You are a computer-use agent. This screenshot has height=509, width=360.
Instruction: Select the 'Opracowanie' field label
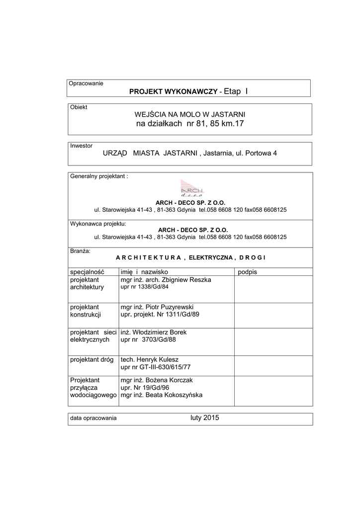coord(86,84)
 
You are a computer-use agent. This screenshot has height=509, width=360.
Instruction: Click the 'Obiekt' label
coord(79,107)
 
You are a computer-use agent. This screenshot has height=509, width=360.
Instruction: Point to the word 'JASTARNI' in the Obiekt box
coord(226,114)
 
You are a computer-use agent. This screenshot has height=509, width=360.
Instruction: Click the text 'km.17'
coord(233,123)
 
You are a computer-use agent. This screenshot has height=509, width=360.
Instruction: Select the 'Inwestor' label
coord(82,146)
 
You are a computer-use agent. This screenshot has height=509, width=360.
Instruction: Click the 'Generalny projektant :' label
coord(99,176)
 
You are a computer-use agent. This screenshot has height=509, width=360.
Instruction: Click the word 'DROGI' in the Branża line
coord(252,257)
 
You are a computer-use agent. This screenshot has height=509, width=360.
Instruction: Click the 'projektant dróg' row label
coord(92,359)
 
